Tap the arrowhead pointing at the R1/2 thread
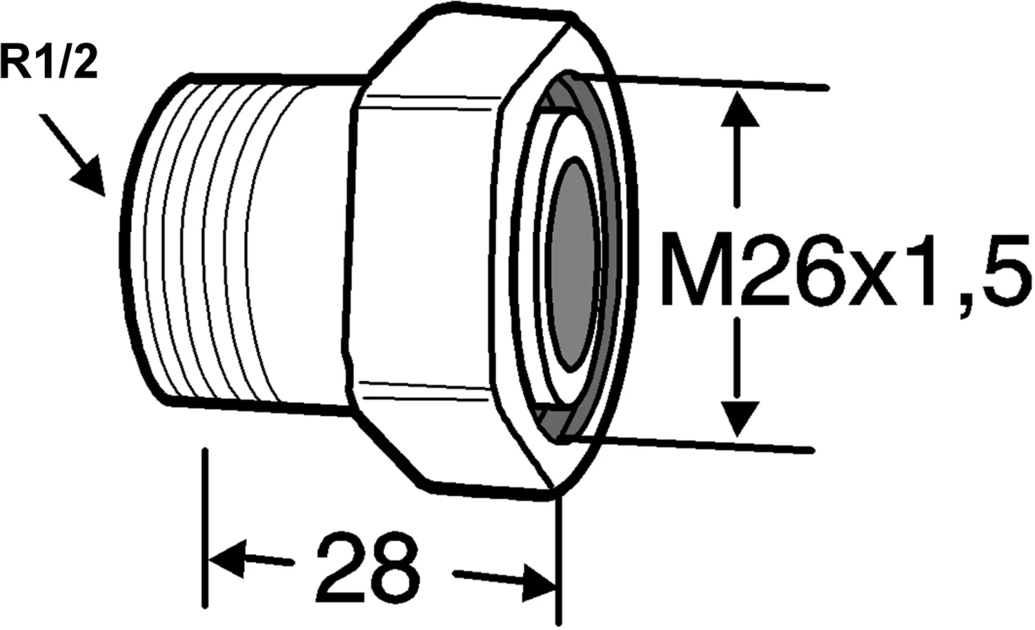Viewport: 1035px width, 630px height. pos(89,177)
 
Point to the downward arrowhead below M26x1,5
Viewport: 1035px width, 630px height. pos(739,417)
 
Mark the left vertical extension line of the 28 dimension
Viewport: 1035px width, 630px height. pos(205,524)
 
